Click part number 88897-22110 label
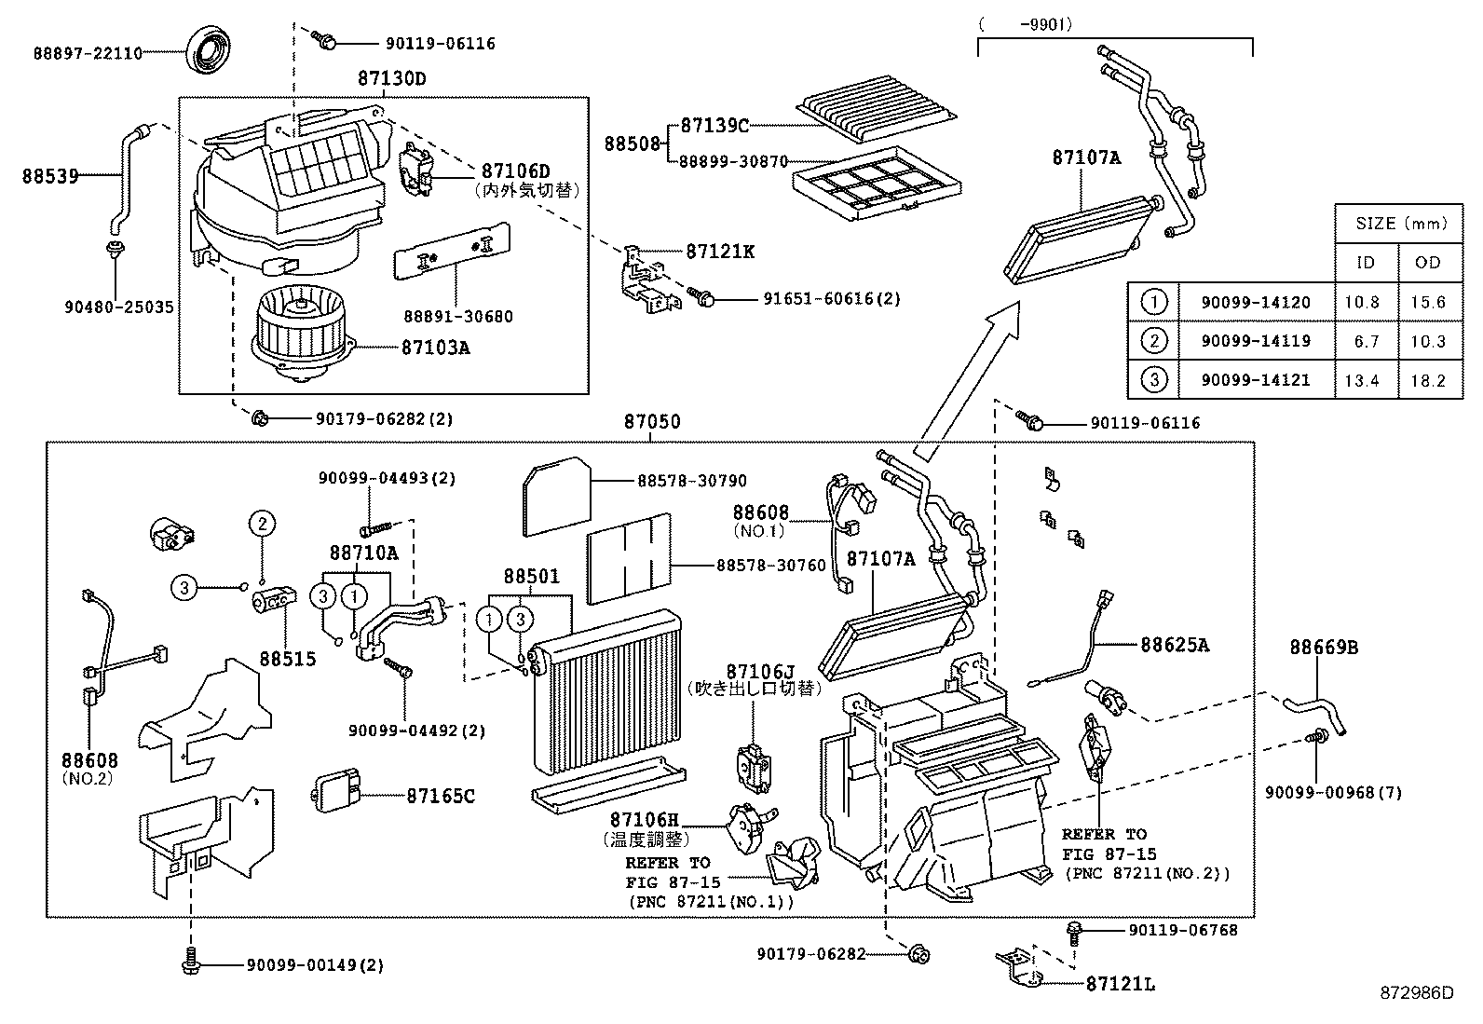(x=88, y=54)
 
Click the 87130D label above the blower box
(x=390, y=79)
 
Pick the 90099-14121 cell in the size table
(x=1255, y=379)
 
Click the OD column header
(x=1427, y=262)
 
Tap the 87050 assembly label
(x=651, y=422)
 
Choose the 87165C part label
(x=440, y=796)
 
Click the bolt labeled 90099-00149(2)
(x=191, y=962)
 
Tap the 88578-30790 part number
(x=691, y=481)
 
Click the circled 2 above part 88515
(x=263, y=524)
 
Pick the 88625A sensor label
(x=1174, y=644)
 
